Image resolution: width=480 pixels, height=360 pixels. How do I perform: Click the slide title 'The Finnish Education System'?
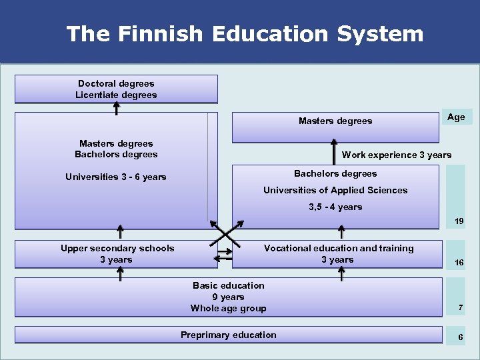click(245, 33)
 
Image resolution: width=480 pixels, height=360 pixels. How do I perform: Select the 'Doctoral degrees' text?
click(116, 83)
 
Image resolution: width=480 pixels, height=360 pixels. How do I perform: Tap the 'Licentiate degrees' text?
click(116, 95)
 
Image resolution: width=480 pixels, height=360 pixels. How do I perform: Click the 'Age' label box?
click(457, 117)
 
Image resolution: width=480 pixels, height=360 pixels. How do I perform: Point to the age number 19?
click(459, 221)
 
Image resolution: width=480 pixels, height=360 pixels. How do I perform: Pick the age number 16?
click(459, 263)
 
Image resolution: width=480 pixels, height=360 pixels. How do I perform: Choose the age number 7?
click(459, 307)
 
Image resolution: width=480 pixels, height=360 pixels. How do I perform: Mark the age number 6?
click(459, 337)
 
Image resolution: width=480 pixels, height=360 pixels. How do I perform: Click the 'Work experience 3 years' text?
click(396, 155)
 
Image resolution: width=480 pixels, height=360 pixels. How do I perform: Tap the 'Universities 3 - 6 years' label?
click(116, 177)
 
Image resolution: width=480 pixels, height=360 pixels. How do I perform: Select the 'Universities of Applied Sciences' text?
click(335, 190)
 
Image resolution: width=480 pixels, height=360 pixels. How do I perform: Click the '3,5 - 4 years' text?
click(335, 207)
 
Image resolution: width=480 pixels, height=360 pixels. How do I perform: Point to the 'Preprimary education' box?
click(228, 335)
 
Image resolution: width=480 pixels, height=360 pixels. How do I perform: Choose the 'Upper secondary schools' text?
click(117, 248)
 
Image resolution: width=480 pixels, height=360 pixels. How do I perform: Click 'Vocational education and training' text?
click(339, 248)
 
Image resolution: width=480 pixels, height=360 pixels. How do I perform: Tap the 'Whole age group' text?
click(228, 308)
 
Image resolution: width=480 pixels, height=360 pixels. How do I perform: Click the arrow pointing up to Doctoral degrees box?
click(117, 107)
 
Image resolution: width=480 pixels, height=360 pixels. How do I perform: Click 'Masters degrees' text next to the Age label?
click(335, 121)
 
